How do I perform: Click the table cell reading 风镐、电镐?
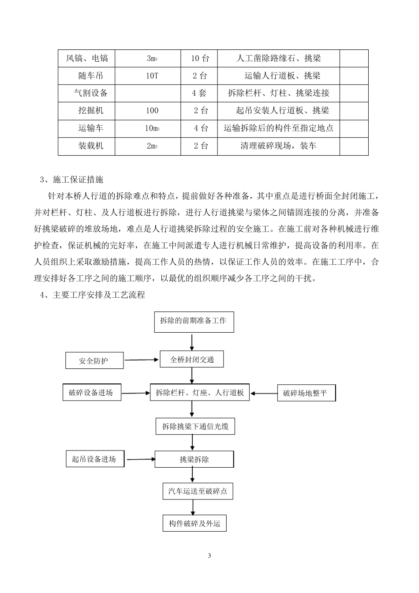pyautogui.click(x=87, y=58)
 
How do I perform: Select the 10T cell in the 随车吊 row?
pyautogui.click(x=152, y=76)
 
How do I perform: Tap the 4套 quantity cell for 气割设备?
pyautogui.click(x=199, y=93)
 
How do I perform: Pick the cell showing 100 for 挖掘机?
pyautogui.click(x=152, y=111)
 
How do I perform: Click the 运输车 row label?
pyautogui.click(x=91, y=128)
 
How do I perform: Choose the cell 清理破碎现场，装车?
pyautogui.click(x=278, y=146)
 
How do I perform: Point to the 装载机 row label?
pyautogui.click(x=91, y=146)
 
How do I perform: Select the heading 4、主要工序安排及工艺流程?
pyautogui.click(x=92, y=295)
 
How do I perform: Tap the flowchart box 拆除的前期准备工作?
pyautogui.click(x=193, y=321)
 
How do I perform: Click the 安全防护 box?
pyautogui.click(x=94, y=360)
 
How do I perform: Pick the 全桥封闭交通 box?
pyautogui.click(x=192, y=360)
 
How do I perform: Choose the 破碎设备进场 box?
pyautogui.click(x=91, y=393)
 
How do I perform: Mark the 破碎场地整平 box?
pyautogui.click(x=306, y=393)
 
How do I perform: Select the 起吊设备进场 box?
pyautogui.click(x=94, y=459)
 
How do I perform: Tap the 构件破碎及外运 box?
pyautogui.click(x=195, y=524)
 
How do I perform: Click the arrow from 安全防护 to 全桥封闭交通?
pyautogui.click(x=141, y=360)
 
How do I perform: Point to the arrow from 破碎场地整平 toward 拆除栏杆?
pyautogui.click(x=264, y=393)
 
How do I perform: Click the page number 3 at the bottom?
pyautogui.click(x=209, y=555)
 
